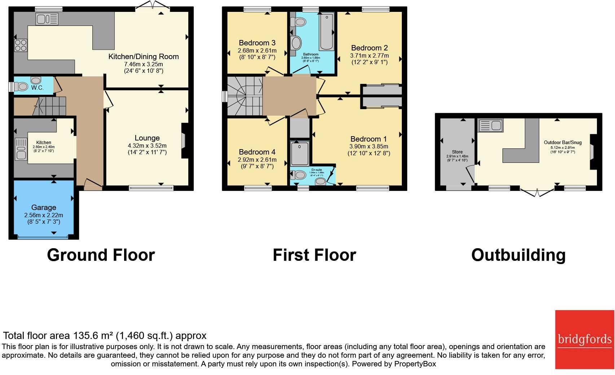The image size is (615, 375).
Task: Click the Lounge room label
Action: tap(147, 138)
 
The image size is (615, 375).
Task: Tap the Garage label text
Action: tap(44, 207)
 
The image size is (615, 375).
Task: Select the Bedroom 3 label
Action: tap(257, 43)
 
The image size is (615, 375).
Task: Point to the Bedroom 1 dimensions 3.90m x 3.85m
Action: tap(369, 146)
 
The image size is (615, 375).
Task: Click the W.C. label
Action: tap(37, 88)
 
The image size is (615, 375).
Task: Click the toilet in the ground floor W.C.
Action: tap(22, 86)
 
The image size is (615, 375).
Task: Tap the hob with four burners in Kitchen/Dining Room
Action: tap(21, 45)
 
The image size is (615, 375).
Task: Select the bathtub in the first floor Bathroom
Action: tap(326, 32)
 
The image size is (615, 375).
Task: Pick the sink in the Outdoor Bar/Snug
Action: tap(491, 126)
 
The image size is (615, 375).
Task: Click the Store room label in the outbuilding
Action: tap(457, 152)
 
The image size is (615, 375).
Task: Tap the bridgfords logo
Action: tap(584, 339)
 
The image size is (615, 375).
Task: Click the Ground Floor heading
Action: tap(101, 255)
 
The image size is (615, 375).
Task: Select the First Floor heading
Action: tap(314, 255)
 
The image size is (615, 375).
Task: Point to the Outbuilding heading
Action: tap(518, 255)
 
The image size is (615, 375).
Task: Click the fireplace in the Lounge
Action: tap(184, 141)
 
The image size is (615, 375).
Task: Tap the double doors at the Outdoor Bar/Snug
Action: tap(537, 192)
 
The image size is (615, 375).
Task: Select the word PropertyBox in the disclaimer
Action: tap(415, 364)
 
